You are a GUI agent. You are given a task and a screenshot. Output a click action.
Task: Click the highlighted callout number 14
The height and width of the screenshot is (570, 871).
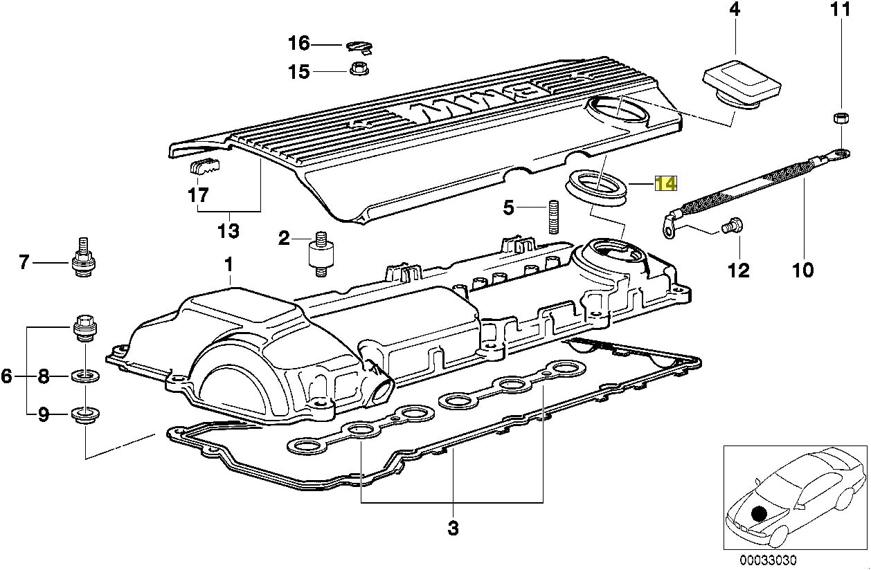tap(665, 183)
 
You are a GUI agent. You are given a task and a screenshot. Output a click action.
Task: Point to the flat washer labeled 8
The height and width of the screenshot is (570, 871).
tap(84, 376)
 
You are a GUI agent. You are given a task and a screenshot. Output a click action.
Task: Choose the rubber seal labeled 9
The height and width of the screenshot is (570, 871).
tap(84, 416)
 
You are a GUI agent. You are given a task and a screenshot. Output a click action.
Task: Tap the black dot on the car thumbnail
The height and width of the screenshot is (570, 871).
tap(760, 513)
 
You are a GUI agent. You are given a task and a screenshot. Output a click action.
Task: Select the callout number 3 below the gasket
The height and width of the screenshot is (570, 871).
tap(452, 528)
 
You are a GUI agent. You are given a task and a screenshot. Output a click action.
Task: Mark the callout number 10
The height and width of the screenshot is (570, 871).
tap(803, 269)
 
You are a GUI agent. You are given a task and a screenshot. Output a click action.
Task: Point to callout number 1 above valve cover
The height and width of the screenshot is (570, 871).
tap(228, 264)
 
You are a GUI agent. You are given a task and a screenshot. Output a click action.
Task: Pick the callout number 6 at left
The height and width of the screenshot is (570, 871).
tap(7, 376)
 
